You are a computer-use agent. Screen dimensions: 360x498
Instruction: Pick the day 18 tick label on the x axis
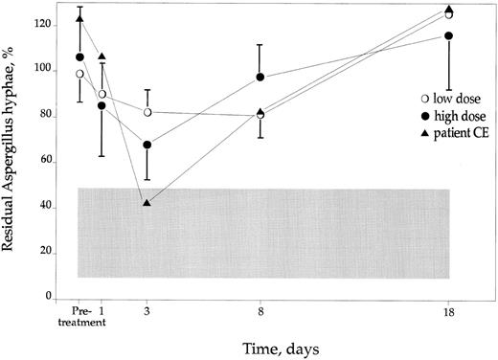(x=450, y=311)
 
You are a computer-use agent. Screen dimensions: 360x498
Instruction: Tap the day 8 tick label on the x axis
(x=261, y=311)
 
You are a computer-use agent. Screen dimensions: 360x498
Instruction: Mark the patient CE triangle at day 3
(x=147, y=202)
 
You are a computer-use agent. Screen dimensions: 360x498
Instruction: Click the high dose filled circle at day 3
(x=147, y=145)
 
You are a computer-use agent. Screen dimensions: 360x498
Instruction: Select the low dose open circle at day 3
(x=147, y=112)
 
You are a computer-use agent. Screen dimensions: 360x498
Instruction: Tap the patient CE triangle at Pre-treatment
(x=80, y=18)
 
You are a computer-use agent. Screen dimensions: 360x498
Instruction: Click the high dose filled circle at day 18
(x=449, y=35)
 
